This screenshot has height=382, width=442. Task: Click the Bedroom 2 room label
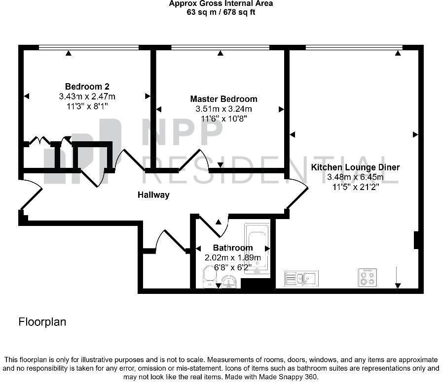[x=87, y=86]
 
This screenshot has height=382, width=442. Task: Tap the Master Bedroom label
[x=223, y=99]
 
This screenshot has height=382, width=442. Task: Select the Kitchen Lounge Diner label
[x=355, y=167]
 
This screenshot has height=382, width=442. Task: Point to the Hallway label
[x=153, y=194]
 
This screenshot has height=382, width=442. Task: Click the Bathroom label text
[x=233, y=248]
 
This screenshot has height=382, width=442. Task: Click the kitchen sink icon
[x=301, y=279]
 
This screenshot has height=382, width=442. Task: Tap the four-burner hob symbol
[x=368, y=277]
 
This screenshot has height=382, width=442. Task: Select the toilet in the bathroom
[x=209, y=277]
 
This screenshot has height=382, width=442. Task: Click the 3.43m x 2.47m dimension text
[x=87, y=96]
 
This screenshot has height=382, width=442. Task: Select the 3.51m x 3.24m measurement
[x=224, y=109]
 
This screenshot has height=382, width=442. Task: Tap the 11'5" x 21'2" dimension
[x=356, y=187]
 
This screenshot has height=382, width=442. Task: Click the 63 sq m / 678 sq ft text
[x=221, y=12]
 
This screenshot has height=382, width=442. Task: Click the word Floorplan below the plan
[x=42, y=322]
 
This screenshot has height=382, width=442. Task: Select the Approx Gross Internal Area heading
[x=221, y=3]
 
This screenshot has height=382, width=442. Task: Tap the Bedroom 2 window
[x=88, y=48]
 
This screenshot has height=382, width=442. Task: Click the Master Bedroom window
[x=220, y=48]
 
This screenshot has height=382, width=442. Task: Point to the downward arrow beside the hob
[x=398, y=278]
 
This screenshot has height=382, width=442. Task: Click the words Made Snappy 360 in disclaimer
[x=288, y=377]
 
